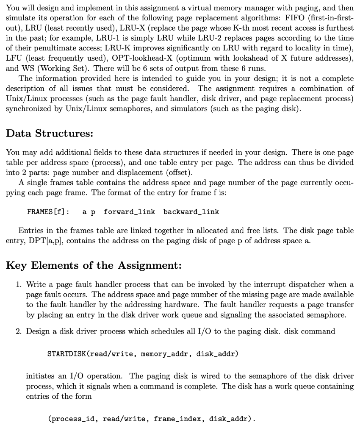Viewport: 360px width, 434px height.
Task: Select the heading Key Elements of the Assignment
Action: coord(94,266)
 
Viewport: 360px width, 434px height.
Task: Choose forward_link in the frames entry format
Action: coord(129,211)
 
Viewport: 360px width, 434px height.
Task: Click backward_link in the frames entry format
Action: coord(191,211)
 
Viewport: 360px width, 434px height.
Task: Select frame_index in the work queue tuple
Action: coord(175,419)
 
